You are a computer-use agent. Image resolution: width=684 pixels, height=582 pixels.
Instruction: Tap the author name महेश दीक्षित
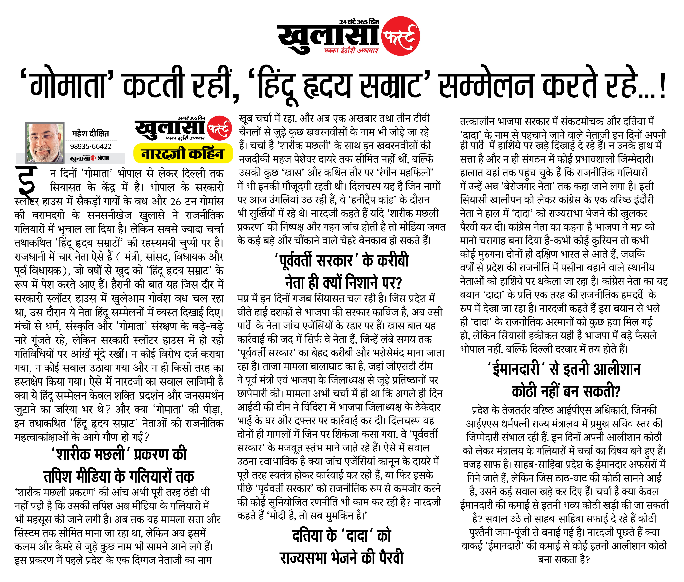click(90, 134)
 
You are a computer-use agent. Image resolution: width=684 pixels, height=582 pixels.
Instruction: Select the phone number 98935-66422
click(91, 146)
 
